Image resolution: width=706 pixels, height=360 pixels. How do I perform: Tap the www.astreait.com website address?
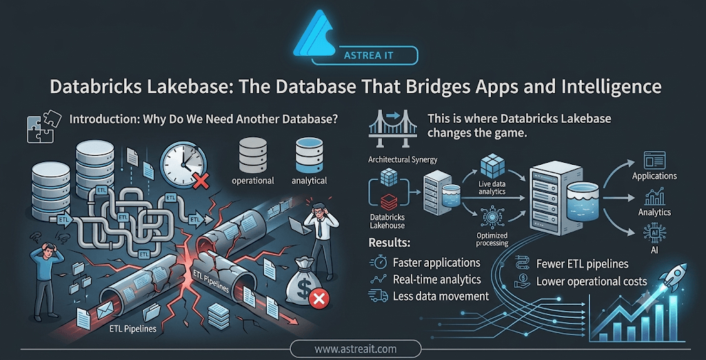(x=355, y=349)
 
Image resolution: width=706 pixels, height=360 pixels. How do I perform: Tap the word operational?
(x=252, y=181)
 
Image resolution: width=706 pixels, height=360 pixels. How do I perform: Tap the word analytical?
(x=309, y=181)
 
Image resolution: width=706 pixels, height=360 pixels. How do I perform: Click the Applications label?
(x=654, y=176)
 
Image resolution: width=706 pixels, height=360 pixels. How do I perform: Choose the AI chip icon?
(x=655, y=232)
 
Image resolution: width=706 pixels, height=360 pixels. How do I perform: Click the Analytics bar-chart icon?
(x=655, y=197)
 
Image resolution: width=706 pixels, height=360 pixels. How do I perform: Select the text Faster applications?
(x=436, y=263)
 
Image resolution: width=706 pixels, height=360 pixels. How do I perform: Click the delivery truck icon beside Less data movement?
(x=378, y=296)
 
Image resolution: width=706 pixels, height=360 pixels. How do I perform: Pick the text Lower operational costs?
(x=592, y=282)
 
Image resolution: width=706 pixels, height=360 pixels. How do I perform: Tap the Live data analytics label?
(x=492, y=188)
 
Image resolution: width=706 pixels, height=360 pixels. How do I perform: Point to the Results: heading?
(x=390, y=243)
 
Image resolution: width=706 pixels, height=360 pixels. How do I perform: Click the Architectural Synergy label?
(x=403, y=159)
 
